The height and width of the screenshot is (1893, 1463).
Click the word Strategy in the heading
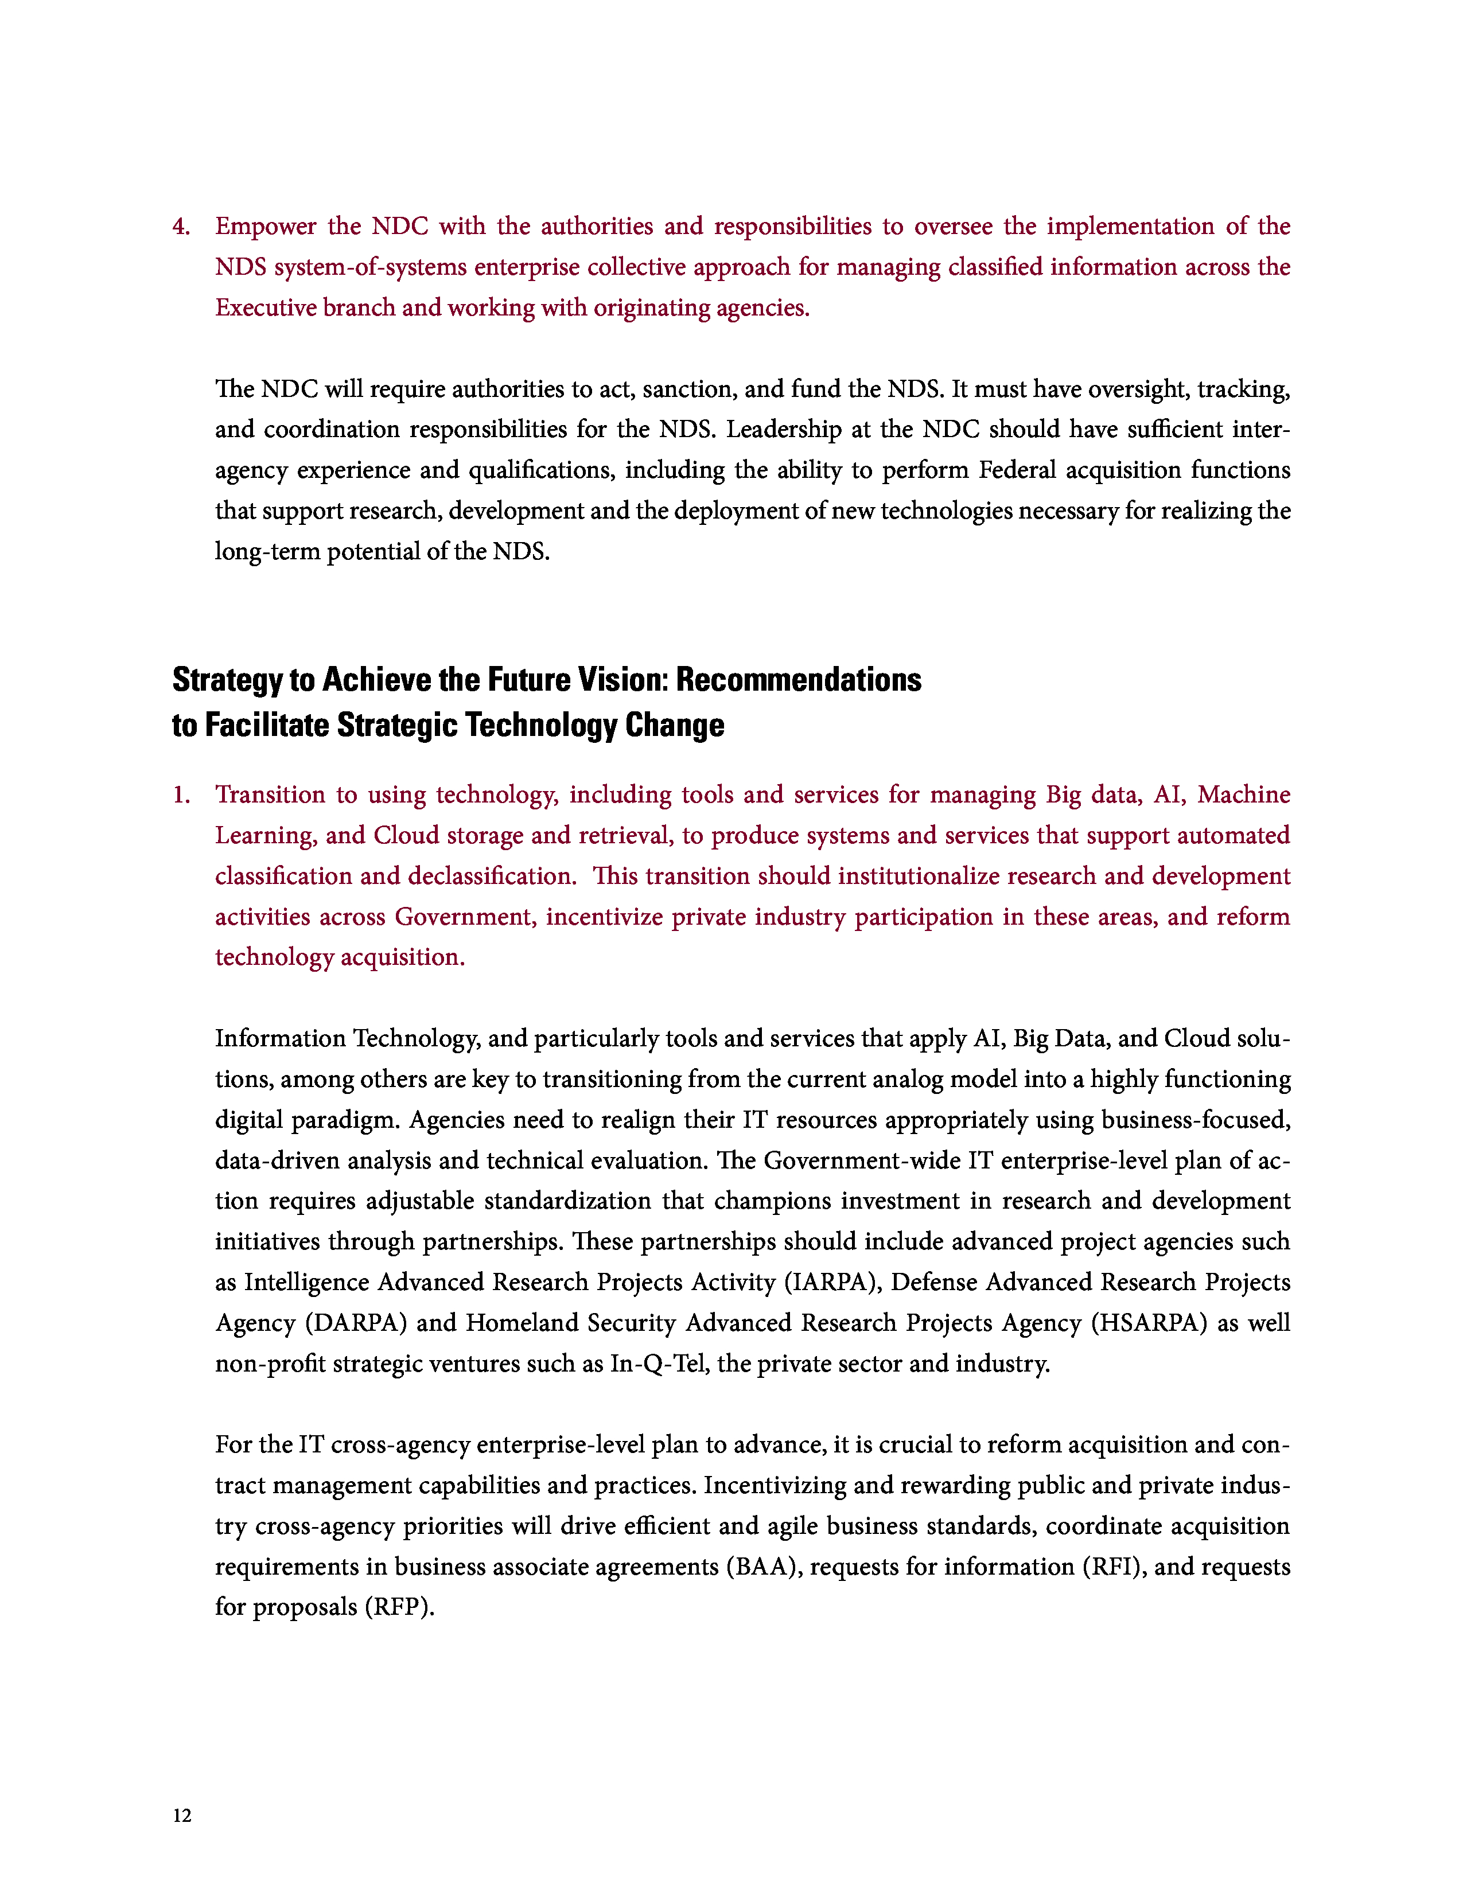pyautogui.click(x=227, y=680)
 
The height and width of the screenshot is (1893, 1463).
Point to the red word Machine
pyautogui.click(x=1244, y=796)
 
